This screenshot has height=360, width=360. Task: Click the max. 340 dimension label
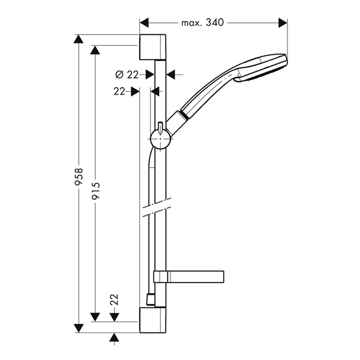click(202, 23)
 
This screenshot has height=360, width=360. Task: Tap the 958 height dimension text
click(79, 176)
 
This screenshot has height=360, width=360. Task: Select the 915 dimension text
click(95, 191)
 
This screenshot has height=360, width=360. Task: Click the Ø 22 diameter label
click(127, 74)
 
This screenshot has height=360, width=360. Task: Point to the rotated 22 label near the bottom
click(114, 299)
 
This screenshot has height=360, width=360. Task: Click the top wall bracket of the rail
click(152, 47)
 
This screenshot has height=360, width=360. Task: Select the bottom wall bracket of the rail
click(152, 320)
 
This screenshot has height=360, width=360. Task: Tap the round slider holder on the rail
click(160, 139)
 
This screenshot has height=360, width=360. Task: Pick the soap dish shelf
click(189, 277)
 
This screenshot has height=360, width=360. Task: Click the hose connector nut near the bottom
click(151, 299)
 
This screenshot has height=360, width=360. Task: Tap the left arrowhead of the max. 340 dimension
click(144, 23)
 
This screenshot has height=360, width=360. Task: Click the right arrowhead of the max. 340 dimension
click(283, 23)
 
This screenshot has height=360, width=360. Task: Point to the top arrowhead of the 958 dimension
click(79, 39)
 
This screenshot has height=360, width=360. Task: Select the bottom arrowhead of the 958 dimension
click(79, 328)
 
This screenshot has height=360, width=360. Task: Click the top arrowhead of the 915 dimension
click(95, 50)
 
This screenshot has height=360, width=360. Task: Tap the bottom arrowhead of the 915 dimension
click(95, 317)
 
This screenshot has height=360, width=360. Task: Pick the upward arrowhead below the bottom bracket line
click(114, 337)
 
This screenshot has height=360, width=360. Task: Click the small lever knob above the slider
click(160, 128)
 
